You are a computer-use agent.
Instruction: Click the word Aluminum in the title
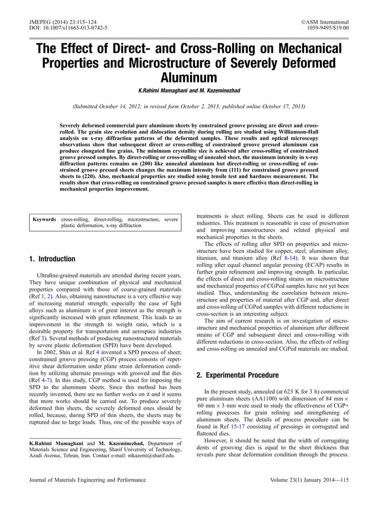pyautogui.click(x=188, y=77)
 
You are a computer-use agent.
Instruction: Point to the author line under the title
pyautogui.click(x=188, y=90)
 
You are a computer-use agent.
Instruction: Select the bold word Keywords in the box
pyautogui.click(x=45, y=219)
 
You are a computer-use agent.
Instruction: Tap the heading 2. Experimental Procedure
pyautogui.click(x=236, y=375)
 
